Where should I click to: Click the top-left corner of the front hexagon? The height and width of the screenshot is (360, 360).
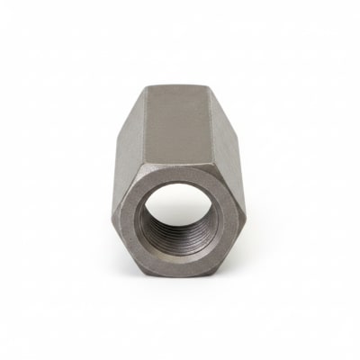(149, 169)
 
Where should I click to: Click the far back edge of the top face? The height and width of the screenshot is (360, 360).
(180, 85)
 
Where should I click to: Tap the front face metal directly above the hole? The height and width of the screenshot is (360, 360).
(180, 177)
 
